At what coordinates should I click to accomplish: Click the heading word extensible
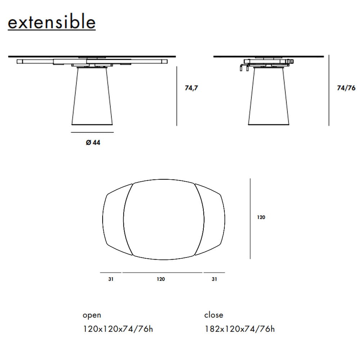point(51,22)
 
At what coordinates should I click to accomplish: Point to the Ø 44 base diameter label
point(93,143)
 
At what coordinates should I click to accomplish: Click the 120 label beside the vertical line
point(261,217)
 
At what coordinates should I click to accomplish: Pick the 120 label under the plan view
point(161,279)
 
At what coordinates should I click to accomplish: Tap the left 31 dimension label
point(111,279)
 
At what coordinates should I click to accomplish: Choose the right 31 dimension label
point(214,279)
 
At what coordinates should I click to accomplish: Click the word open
point(92,315)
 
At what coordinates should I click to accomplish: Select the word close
point(213,315)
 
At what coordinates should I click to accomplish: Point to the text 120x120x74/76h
point(118,329)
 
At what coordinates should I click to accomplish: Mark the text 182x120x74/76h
point(239,329)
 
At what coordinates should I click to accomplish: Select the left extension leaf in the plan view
point(114,220)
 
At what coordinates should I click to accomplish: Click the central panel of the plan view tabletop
point(164,220)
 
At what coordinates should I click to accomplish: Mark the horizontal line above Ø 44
point(93,132)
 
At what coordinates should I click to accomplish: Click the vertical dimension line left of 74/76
point(329,90)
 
